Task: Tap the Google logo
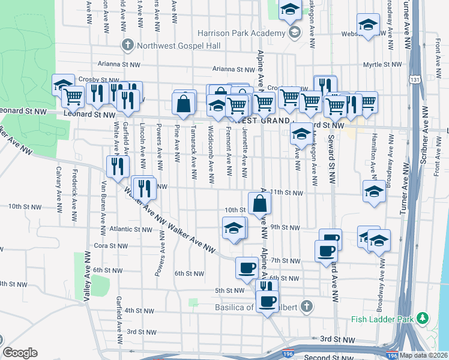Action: coord(20,353)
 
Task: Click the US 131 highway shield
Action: coord(415,79)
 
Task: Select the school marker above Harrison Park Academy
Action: coord(291,10)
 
